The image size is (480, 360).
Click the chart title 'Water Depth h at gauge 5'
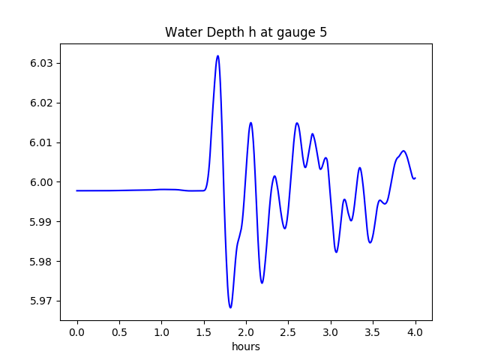click(x=246, y=33)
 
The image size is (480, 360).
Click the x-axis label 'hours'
click(x=246, y=347)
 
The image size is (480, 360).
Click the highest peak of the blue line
click(x=217, y=55)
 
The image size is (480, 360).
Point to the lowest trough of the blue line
click(x=230, y=307)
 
